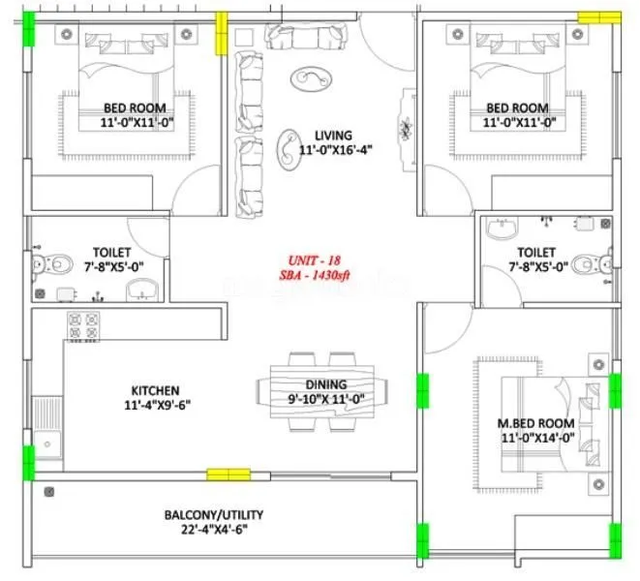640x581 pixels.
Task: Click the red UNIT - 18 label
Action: point(315,260)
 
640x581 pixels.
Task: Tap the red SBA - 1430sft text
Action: point(316,276)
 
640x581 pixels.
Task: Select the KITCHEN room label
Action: point(153,389)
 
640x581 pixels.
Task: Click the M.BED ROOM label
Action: point(535,423)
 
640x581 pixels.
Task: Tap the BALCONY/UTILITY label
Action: point(213,515)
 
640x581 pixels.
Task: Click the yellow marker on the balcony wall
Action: point(229,474)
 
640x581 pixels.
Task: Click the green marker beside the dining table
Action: point(422,389)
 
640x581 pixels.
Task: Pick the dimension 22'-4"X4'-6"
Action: point(213,531)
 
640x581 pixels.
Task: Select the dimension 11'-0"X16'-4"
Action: point(335,150)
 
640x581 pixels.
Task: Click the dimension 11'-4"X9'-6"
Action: point(153,405)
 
